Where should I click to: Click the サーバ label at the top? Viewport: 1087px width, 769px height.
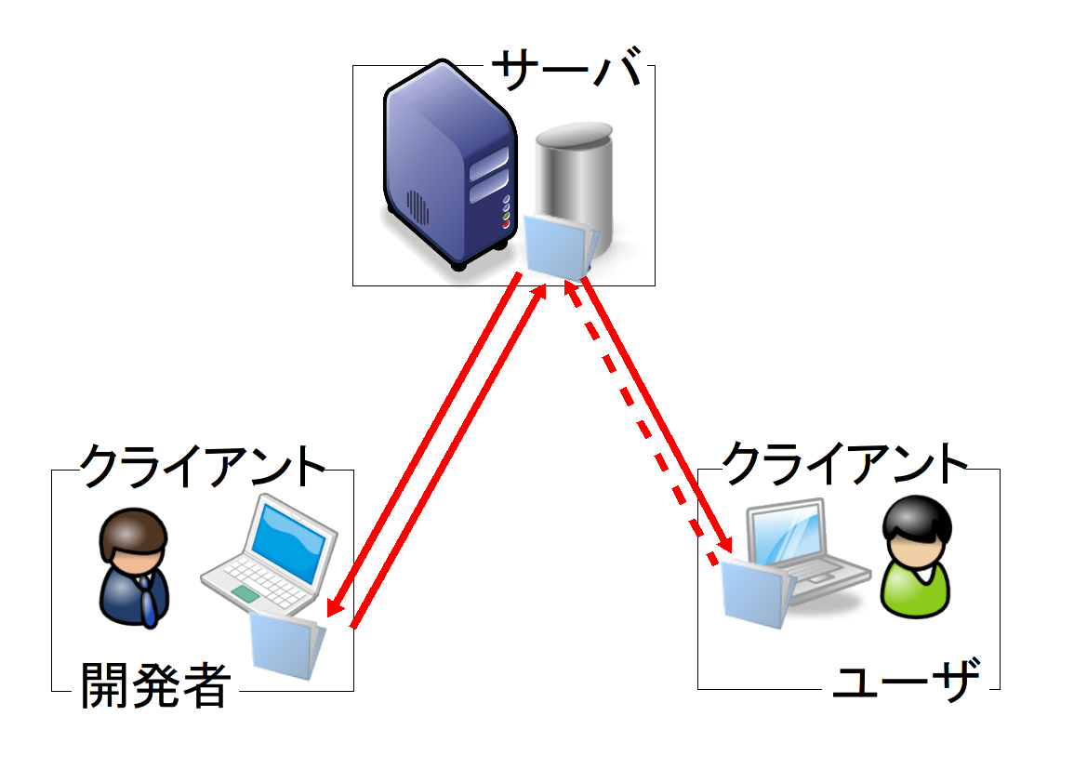[x=566, y=70]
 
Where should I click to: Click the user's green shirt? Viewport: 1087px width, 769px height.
[x=917, y=591]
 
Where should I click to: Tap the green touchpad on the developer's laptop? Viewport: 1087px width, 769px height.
[x=245, y=593]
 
